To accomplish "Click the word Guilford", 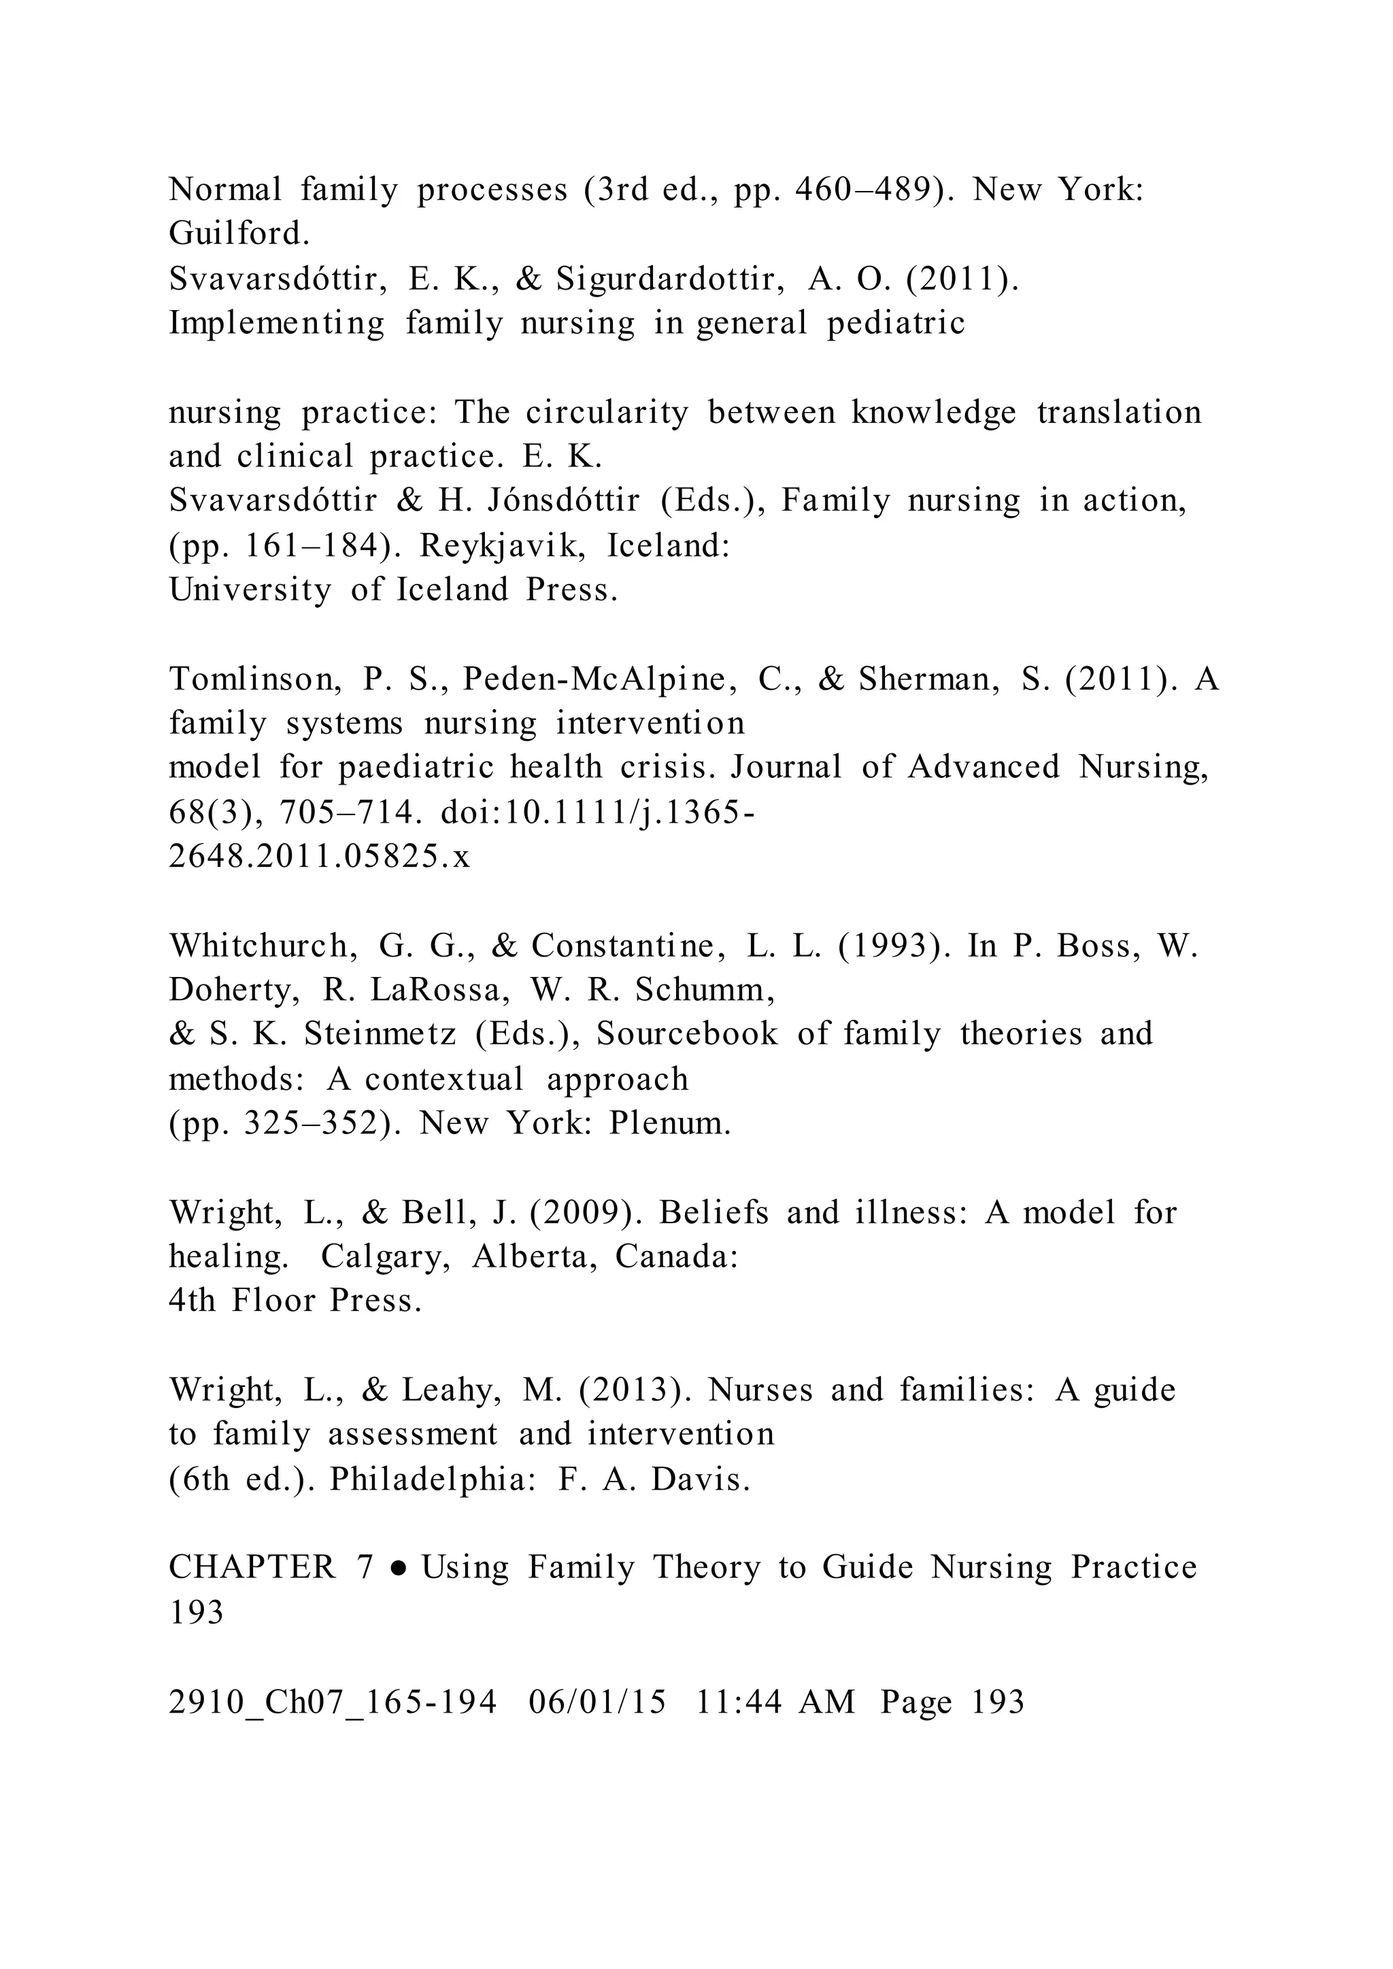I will [239, 233].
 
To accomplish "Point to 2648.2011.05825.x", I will [319, 857].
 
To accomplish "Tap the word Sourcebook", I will [687, 1034].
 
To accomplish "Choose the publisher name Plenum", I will [670, 1123].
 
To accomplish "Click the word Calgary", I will [386, 1257].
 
